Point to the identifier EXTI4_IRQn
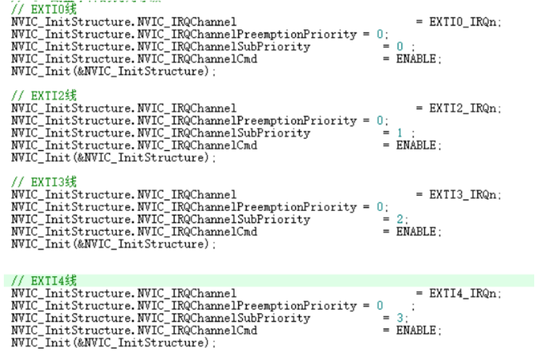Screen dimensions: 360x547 point(465,293)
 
